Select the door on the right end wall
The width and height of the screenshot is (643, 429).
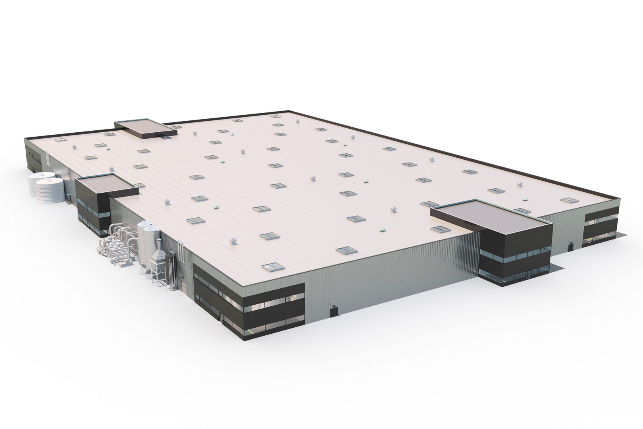click(x=570, y=245)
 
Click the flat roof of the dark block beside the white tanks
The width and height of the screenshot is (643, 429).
click(x=107, y=185)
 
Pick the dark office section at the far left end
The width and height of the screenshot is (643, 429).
click(x=33, y=155)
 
